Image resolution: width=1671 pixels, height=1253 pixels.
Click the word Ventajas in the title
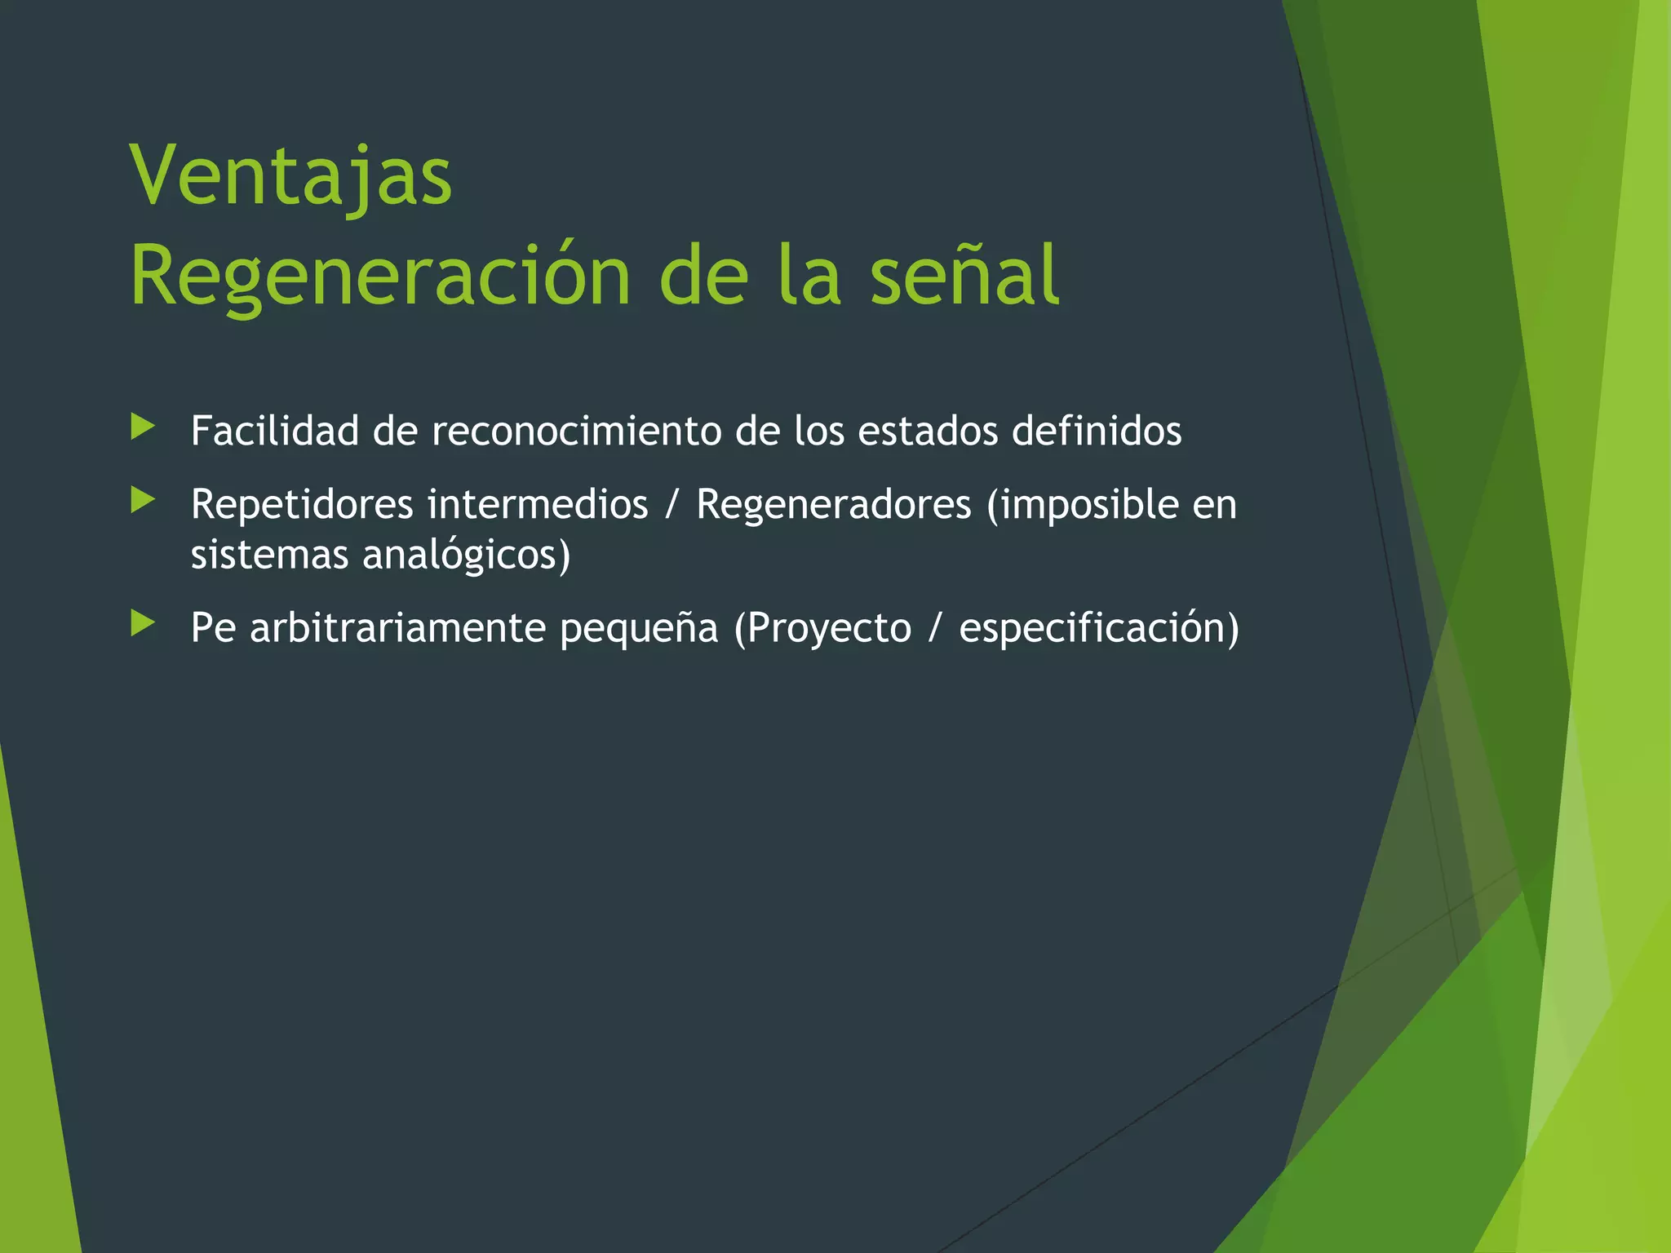[290, 176]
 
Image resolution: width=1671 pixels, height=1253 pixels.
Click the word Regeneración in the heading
[380, 277]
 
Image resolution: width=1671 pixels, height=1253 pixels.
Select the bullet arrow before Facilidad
[143, 427]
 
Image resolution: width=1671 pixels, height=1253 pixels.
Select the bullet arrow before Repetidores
[143, 501]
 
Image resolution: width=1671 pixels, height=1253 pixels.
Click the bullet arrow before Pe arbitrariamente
[143, 624]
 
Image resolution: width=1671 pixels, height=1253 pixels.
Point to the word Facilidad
[274, 431]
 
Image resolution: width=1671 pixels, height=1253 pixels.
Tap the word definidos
[1097, 431]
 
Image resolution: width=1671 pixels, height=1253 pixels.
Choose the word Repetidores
[302, 505]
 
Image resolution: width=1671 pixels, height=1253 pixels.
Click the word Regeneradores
[834, 504]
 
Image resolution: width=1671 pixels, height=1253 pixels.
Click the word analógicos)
[467, 556]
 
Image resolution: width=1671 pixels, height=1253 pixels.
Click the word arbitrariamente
[397, 628]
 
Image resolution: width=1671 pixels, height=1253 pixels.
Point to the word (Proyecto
[822, 629]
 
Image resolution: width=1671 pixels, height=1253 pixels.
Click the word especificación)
[1099, 629]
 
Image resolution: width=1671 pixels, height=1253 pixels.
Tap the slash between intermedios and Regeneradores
[672, 505]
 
